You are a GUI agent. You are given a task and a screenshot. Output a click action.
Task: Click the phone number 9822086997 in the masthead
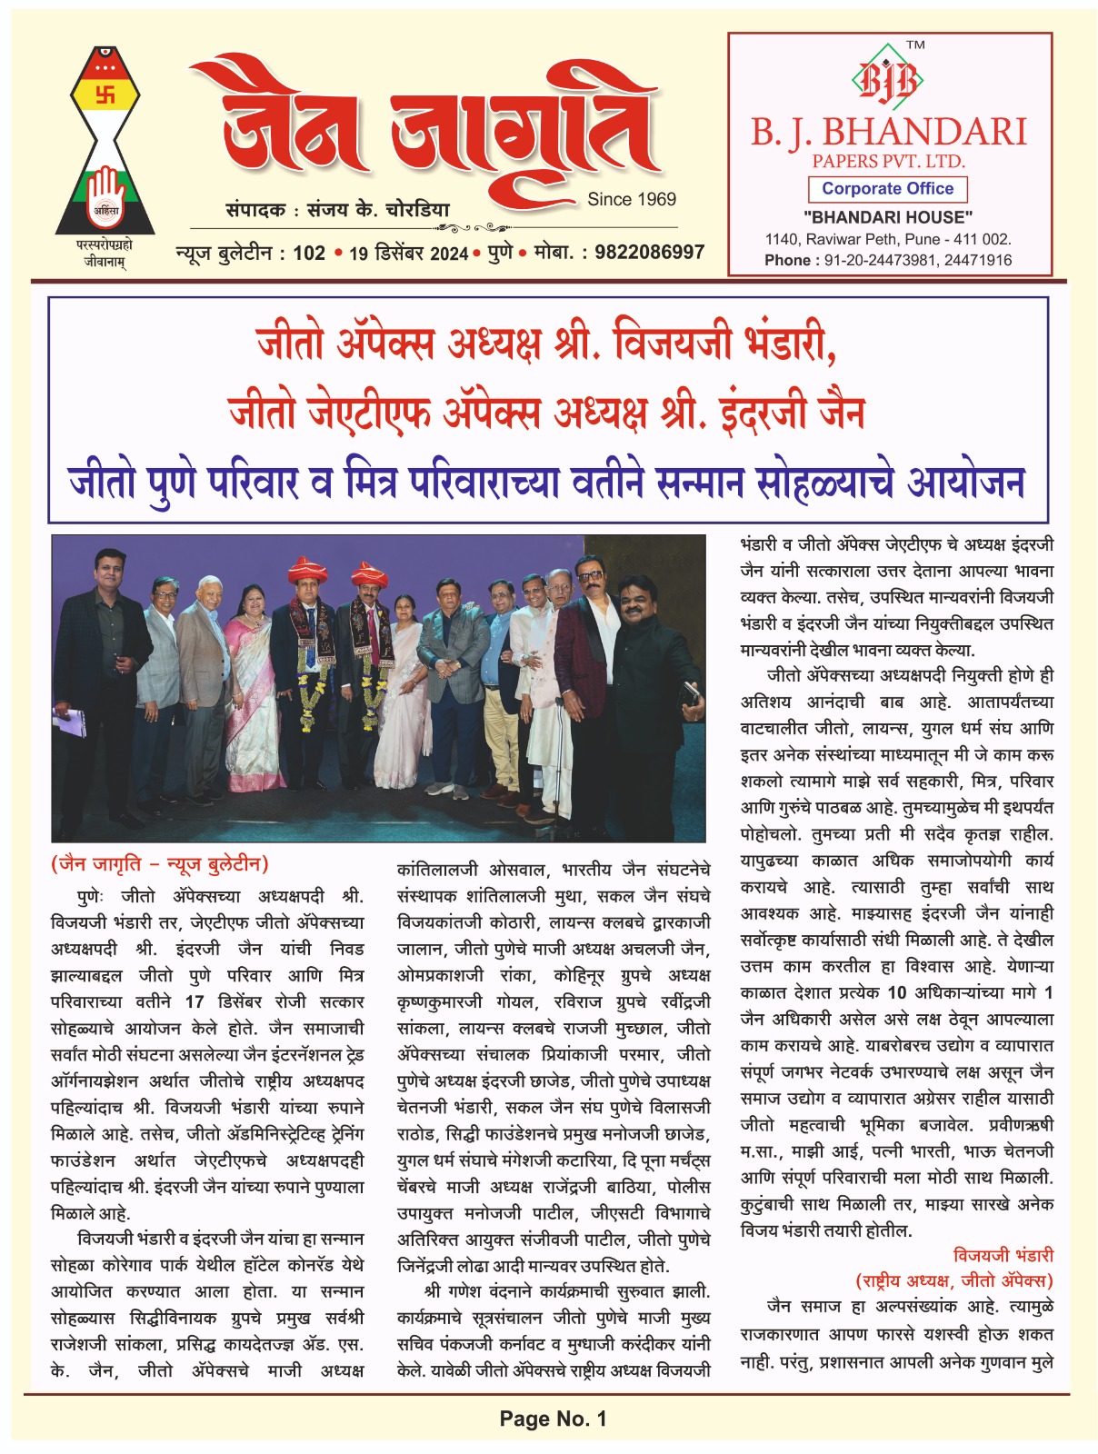(649, 252)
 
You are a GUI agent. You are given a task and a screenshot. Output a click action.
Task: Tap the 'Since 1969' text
(632, 199)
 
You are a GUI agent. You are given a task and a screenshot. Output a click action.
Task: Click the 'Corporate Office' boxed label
(887, 189)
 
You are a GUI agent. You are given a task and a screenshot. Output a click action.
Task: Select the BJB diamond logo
(887, 80)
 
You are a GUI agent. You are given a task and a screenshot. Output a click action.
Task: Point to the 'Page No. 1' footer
(553, 1419)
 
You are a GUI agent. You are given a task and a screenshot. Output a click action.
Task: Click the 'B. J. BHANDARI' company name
(888, 133)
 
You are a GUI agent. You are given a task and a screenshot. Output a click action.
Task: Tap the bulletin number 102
(309, 253)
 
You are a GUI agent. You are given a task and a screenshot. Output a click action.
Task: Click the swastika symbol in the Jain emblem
(105, 94)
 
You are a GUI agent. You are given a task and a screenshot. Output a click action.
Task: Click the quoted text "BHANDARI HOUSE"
(888, 217)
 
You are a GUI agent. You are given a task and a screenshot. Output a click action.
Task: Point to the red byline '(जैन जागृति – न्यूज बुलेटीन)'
(160, 863)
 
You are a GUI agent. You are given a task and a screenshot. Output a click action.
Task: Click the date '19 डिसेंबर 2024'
(408, 254)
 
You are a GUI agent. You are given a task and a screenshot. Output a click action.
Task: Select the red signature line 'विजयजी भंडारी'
(1003, 1255)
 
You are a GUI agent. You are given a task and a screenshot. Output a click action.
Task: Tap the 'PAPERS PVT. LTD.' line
(888, 162)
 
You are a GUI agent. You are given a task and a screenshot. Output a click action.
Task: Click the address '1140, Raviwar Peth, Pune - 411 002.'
(888, 239)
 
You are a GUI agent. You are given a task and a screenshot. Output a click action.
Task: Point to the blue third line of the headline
(547, 482)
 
